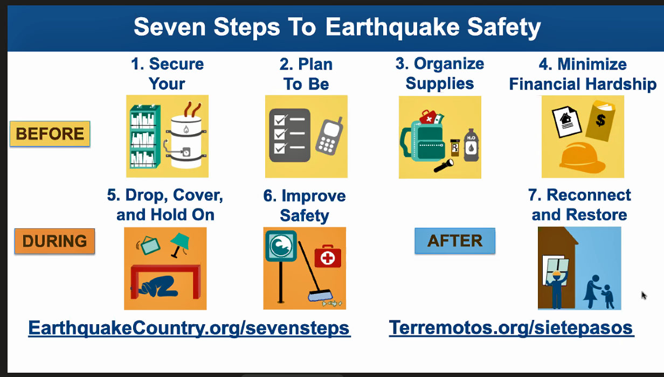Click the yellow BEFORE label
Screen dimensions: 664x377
coord(50,134)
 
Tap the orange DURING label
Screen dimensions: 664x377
coord(54,241)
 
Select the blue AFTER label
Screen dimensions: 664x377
coord(455,241)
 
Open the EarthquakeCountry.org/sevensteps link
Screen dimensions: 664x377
coord(189,328)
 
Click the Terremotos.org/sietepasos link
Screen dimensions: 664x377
coord(511,328)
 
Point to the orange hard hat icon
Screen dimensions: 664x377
coord(582,158)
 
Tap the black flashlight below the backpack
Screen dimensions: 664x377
coord(444,166)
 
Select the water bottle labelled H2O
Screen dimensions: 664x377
coord(471,145)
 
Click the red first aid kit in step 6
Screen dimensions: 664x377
coord(328,256)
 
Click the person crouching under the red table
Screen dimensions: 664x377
coord(155,287)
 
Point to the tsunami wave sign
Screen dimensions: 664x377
coord(281,246)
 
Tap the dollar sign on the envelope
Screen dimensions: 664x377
coord(601,120)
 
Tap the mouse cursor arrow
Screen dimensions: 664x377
coord(644,295)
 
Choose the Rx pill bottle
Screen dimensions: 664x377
coord(455,148)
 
